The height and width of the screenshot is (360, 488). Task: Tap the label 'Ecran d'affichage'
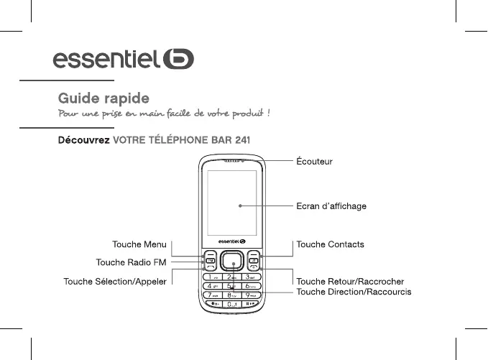click(x=331, y=206)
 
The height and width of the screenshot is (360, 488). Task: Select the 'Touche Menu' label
click(x=139, y=244)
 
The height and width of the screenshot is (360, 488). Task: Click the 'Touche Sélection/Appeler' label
click(x=115, y=281)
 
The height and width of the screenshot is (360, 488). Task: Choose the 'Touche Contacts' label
click(x=330, y=244)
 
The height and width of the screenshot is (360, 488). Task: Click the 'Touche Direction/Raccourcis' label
click(x=354, y=292)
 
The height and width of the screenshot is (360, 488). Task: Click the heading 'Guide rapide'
click(x=103, y=97)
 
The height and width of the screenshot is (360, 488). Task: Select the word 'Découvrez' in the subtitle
click(x=83, y=139)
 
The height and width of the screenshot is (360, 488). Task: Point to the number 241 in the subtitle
click(x=241, y=139)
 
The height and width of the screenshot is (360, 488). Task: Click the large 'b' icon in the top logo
click(x=178, y=57)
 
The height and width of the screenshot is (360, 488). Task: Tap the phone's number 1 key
click(x=213, y=277)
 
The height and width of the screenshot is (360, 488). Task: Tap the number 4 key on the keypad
click(x=213, y=286)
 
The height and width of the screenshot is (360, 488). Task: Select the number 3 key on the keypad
click(x=249, y=277)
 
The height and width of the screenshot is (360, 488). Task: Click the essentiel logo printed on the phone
click(x=231, y=241)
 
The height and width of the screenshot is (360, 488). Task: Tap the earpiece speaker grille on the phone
click(x=231, y=161)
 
